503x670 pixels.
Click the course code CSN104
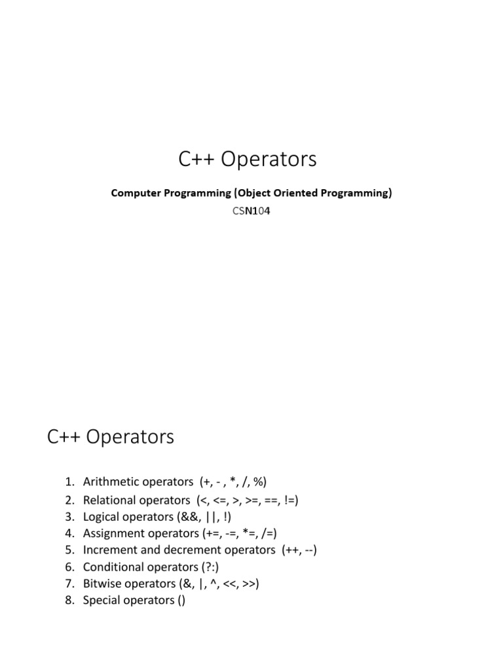[251, 211]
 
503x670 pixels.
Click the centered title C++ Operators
[248, 159]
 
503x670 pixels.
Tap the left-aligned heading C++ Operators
[111, 436]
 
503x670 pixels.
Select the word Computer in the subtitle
[134, 194]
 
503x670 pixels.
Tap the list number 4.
[69, 533]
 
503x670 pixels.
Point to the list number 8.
[69, 600]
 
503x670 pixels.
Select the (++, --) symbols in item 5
[300, 550]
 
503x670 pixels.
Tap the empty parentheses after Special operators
[181, 600]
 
